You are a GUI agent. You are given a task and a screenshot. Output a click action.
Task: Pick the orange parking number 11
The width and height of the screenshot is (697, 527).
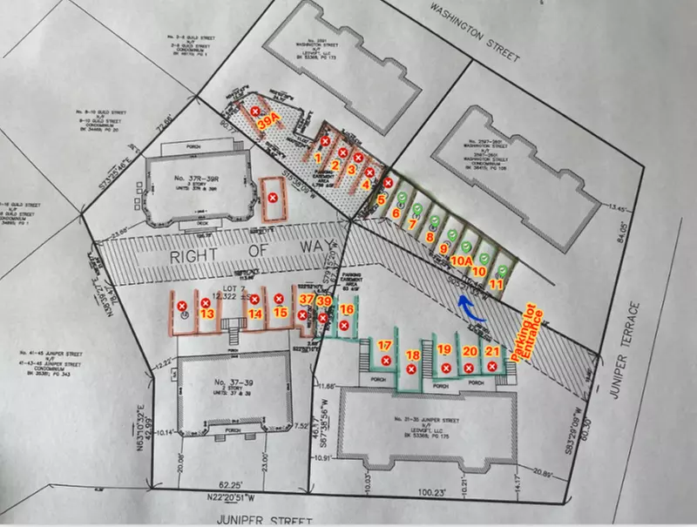coord(496,283)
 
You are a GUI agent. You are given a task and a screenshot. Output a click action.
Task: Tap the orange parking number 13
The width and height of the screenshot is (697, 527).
coord(206,314)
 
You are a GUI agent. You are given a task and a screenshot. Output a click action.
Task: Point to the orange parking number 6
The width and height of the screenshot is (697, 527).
coord(396,213)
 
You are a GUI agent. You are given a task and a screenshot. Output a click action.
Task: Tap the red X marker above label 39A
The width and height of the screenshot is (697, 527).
coord(255,111)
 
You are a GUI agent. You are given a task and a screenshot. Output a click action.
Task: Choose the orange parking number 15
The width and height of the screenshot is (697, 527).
coord(280,311)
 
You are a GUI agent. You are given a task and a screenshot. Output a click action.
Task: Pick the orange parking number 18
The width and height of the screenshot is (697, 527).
coord(413,355)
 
